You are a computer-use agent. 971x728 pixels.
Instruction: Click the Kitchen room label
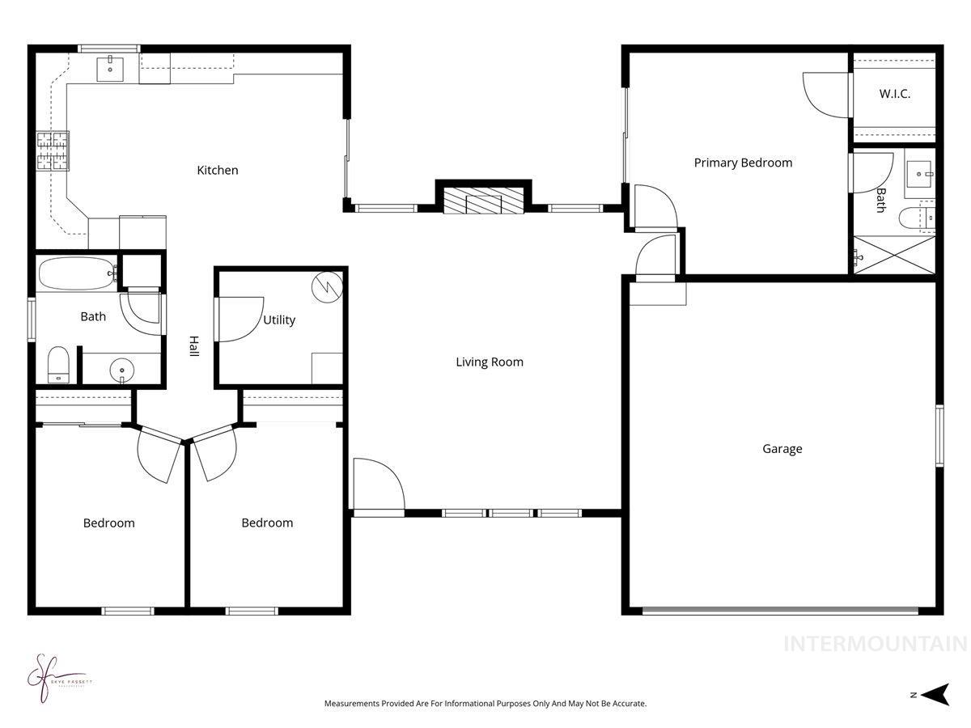pos(218,170)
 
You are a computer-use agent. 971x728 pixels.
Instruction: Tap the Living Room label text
pos(490,362)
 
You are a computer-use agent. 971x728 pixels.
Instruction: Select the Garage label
pos(782,448)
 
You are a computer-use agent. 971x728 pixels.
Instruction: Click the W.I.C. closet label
pos(895,94)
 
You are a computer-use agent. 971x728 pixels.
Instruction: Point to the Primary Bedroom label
pos(743,163)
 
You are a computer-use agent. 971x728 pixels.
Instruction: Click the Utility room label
pos(279,320)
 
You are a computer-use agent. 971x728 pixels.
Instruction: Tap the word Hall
pos(194,347)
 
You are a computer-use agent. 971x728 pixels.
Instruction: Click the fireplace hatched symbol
pos(484,202)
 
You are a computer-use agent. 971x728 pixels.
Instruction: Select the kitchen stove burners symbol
pos(53,150)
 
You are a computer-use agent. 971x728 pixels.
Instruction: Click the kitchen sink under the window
pos(110,70)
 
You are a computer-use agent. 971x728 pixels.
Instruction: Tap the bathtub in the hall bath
pos(77,273)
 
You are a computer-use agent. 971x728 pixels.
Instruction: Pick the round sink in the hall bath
pos(121,371)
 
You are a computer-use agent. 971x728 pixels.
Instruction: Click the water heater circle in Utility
pos(329,286)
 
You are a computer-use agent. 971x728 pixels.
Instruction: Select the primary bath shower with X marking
pos(895,255)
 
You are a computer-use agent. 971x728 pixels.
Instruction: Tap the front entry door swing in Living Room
pos(378,485)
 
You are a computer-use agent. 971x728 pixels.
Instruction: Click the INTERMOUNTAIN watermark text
pos(875,644)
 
